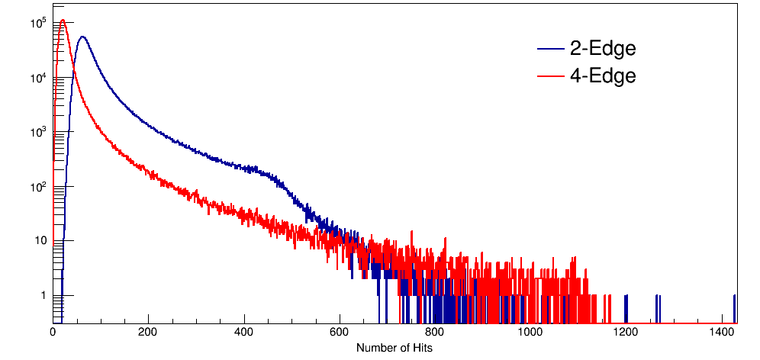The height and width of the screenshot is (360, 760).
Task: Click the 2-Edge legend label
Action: [x=603, y=49]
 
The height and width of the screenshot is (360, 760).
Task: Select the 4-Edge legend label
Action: [x=603, y=76]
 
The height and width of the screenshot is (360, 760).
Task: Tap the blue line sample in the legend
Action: [x=550, y=50]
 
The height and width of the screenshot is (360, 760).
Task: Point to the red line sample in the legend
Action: [x=550, y=76]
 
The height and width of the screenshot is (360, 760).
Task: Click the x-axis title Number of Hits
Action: [x=394, y=348]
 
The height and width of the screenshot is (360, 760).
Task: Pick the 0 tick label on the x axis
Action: [x=53, y=333]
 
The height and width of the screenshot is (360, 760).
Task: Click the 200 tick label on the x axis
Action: [x=148, y=333]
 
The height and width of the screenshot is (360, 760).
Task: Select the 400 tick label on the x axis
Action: [x=244, y=333]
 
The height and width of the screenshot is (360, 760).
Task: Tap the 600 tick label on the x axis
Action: [x=340, y=333]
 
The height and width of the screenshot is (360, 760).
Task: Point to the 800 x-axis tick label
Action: [x=435, y=333]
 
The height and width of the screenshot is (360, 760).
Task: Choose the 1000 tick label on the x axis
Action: [x=530, y=333]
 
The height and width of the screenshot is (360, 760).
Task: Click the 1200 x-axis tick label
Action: [x=626, y=333]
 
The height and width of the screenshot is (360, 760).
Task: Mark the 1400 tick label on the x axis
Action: [x=721, y=333]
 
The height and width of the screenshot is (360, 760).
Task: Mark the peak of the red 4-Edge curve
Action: [x=63, y=21]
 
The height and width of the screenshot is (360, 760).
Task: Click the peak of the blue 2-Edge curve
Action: [x=82, y=37]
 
